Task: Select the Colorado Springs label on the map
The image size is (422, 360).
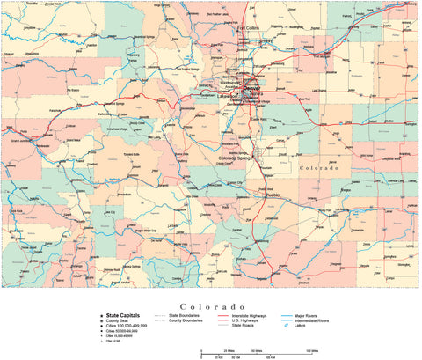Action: tap(237, 158)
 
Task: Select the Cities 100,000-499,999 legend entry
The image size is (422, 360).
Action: tap(129, 326)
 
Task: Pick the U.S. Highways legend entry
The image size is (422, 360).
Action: tap(247, 320)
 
